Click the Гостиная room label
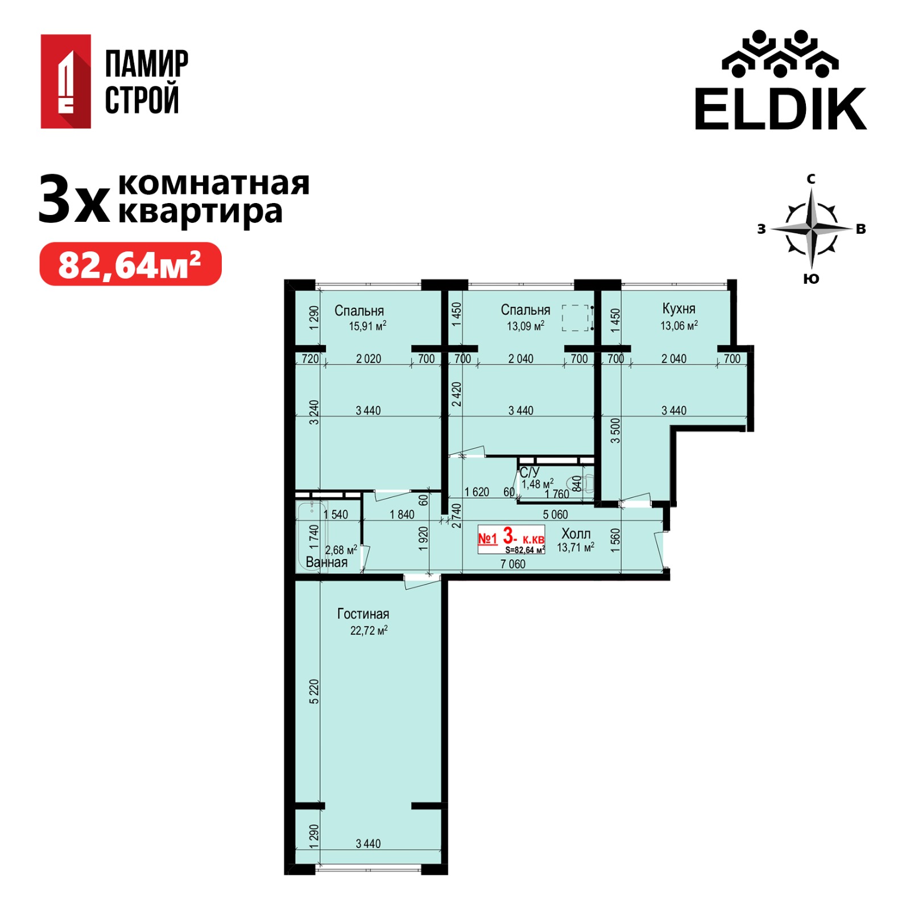(363, 614)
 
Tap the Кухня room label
(679, 308)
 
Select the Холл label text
(576, 533)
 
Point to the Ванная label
(326, 562)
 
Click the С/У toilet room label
(529, 472)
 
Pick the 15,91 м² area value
(367, 326)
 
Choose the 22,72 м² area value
(369, 630)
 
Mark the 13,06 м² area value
(679, 325)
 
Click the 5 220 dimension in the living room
(314, 692)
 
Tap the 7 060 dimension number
(512, 564)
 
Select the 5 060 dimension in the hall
(555, 515)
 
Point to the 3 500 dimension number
(615, 431)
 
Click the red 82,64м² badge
(130, 264)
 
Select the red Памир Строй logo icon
(65, 81)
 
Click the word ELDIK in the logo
(780, 109)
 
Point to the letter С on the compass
(811, 179)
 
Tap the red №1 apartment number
(487, 538)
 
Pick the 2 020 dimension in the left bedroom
(368, 359)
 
